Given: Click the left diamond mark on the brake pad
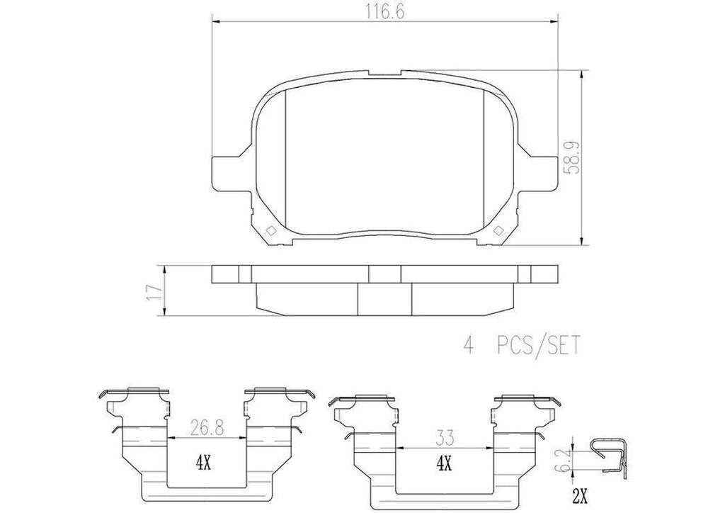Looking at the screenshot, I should click(270, 230).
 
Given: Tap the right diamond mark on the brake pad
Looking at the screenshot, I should click(498, 230).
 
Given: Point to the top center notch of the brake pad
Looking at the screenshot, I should click(384, 73).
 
